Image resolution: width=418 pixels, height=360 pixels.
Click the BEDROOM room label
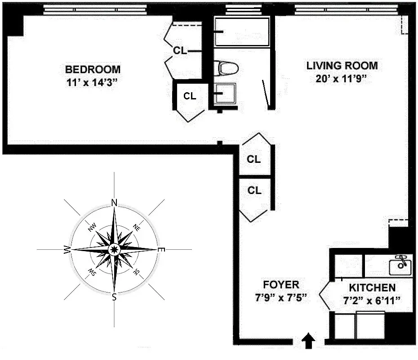tap(93, 70)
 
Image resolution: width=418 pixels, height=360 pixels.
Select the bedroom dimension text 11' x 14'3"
tap(93, 83)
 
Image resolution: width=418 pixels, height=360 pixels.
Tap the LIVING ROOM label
tap(342, 66)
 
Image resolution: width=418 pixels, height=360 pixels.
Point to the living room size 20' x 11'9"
tap(342, 79)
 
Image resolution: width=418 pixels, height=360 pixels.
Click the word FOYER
tap(281, 285)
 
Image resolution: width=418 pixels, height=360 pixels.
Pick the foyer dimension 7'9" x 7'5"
tap(281, 298)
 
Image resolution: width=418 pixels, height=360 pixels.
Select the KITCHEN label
tap(373, 288)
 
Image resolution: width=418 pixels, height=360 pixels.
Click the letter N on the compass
tap(114, 202)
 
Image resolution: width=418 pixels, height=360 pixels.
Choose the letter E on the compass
tap(162, 250)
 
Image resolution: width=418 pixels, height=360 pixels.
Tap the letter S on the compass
tap(114, 297)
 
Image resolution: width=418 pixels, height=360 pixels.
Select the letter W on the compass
tap(67, 250)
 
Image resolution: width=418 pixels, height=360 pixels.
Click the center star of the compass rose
tap(114, 249)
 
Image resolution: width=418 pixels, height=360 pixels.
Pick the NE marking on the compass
tap(137, 228)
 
